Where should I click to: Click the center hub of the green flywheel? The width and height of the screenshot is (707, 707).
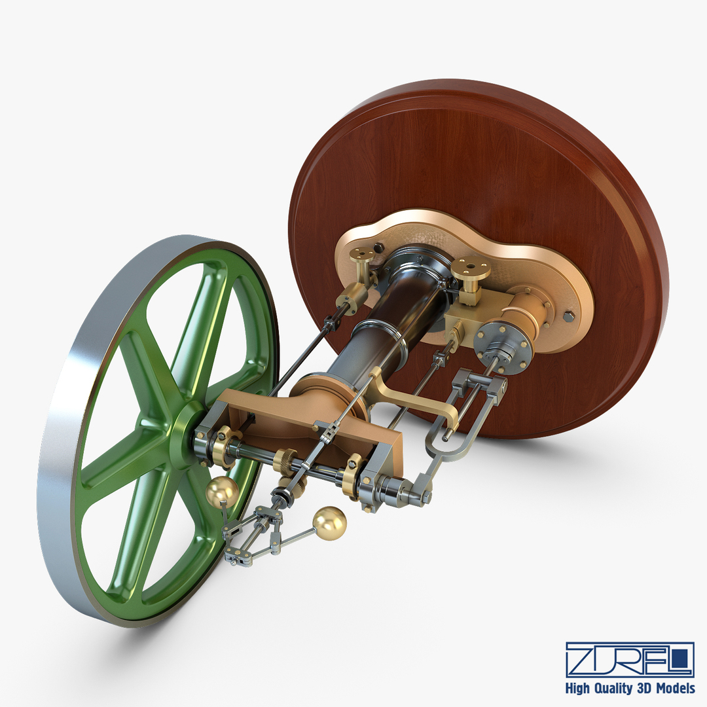coord(185,432)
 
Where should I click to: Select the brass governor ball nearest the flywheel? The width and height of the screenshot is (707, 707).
coord(221,492)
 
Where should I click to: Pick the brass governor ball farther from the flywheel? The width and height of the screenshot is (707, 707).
coord(329,523)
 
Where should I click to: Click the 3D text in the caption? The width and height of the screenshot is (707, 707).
coord(644,689)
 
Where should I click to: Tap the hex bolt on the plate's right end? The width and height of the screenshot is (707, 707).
coord(568,316)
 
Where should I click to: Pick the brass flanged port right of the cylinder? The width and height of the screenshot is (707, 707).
coord(471,268)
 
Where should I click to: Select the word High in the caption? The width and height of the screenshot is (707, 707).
coord(579,689)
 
